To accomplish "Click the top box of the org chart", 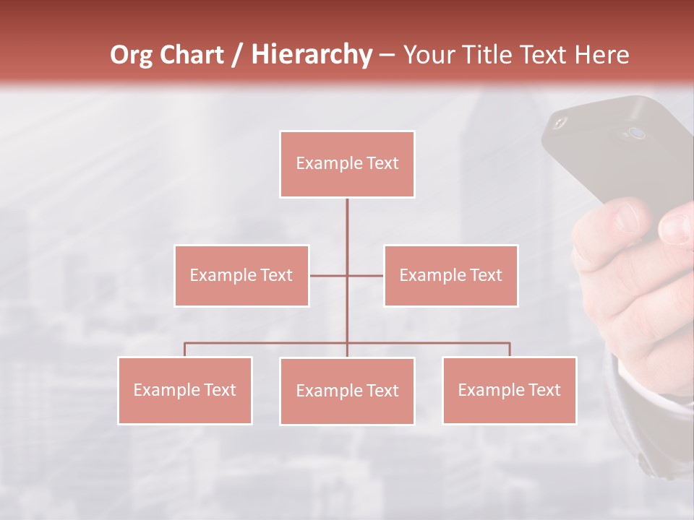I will pyautogui.click(x=347, y=164).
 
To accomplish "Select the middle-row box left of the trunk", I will pyautogui.click(x=241, y=275).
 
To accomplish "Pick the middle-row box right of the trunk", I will pyautogui.click(x=450, y=275).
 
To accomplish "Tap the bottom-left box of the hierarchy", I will pyautogui.click(x=185, y=390).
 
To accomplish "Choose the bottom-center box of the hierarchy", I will pyautogui.click(x=347, y=391).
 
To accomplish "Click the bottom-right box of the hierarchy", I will pyautogui.click(x=509, y=390).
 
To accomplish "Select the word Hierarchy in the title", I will pyautogui.click(x=311, y=55).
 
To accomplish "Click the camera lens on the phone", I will pyautogui.click(x=636, y=133).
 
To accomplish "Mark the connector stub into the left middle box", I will pyautogui.click(x=327, y=275).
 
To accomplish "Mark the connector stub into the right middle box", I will pyautogui.click(x=366, y=275).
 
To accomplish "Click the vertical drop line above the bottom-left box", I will pyautogui.click(x=185, y=350).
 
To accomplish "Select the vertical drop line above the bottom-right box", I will pyautogui.click(x=510, y=350).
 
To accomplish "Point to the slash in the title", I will pyautogui.click(x=236, y=55).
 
